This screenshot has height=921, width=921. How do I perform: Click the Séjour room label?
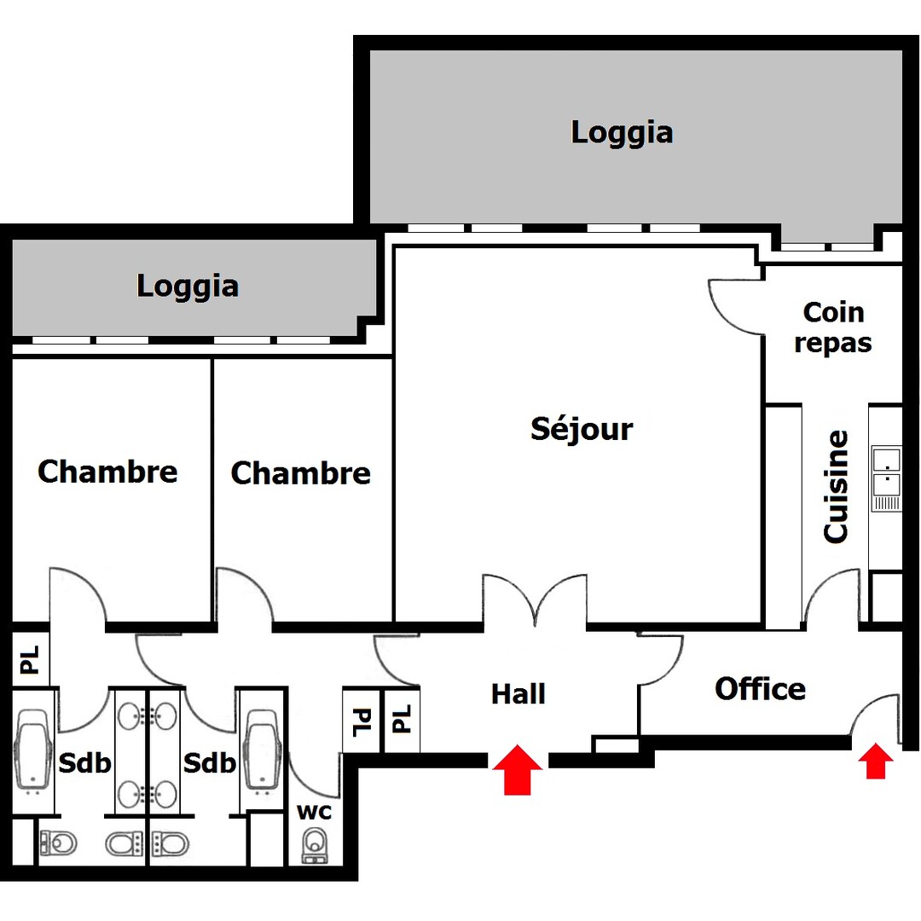[582, 428]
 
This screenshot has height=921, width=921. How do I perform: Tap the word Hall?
[518, 694]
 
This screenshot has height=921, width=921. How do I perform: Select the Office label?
[760, 688]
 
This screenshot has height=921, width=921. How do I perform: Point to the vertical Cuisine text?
[837, 486]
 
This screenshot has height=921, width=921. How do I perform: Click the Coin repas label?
[833, 327]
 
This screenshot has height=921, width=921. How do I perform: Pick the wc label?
[314, 810]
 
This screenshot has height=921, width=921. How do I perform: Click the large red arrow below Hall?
[517, 769]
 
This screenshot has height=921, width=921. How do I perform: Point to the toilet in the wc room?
[316, 844]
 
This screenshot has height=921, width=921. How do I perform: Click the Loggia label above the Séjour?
[622, 132]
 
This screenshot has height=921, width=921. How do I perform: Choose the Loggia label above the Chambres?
[188, 286]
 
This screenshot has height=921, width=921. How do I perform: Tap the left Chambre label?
[107, 471]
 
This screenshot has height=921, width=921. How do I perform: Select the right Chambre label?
[301, 472]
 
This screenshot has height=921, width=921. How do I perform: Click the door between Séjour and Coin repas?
[735, 307]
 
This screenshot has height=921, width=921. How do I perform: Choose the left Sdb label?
[85, 762]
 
